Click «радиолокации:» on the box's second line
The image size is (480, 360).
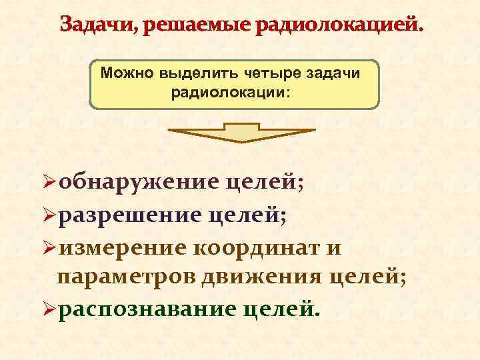click(x=231, y=92)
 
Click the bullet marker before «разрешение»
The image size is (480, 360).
click(x=48, y=215)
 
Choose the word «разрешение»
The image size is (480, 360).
click(x=130, y=215)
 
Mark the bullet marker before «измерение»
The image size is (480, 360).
click(x=48, y=249)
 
